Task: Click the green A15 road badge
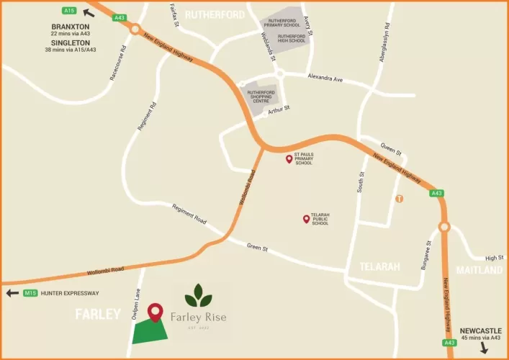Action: click(70, 11)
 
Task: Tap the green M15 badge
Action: click(30, 293)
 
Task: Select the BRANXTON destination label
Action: click(70, 26)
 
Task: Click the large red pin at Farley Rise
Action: click(155, 312)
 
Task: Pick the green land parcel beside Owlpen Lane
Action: click(151, 332)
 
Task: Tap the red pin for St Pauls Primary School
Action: click(289, 159)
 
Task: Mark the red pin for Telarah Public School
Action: click(306, 219)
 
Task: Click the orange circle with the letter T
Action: click(398, 198)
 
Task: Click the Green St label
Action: click(257, 249)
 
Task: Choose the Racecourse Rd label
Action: click(118, 63)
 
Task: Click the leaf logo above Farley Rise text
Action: click(198, 295)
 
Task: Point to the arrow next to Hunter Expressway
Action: click(12, 293)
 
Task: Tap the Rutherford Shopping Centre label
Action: click(261, 96)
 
